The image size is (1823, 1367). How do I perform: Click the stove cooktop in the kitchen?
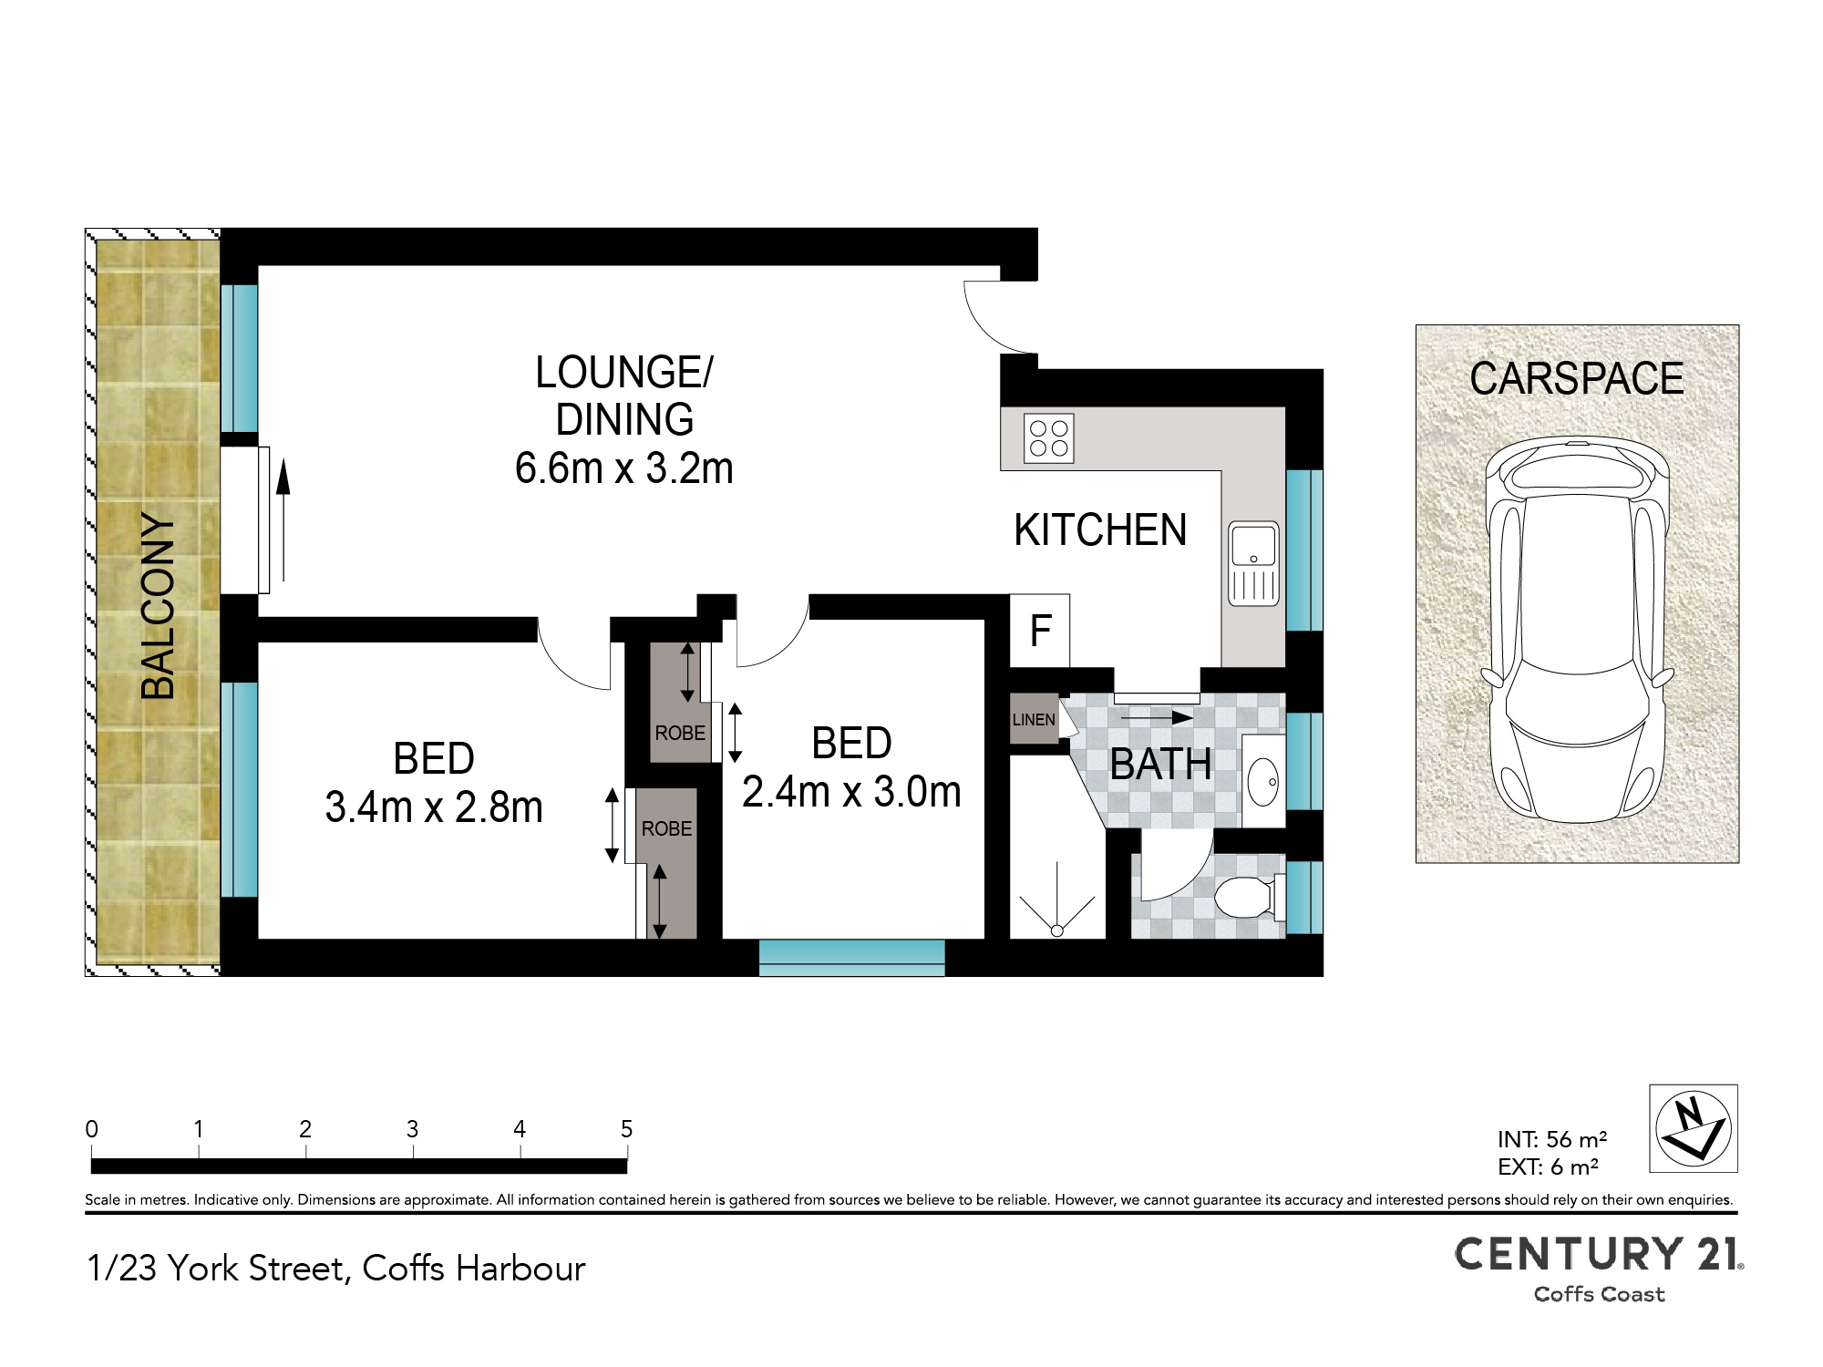click(1049, 438)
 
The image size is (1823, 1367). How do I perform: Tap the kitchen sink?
click(1254, 564)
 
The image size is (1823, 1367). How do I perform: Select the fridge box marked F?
click(1040, 631)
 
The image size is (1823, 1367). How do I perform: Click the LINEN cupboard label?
click(1034, 720)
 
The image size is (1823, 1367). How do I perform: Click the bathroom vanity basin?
click(1263, 781)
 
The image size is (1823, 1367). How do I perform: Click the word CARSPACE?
click(1577, 378)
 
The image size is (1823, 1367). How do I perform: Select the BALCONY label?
click(158, 606)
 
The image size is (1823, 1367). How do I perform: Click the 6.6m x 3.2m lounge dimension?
click(624, 468)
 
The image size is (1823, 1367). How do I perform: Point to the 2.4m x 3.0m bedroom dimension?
click(851, 792)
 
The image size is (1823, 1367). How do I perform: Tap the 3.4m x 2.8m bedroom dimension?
click(434, 807)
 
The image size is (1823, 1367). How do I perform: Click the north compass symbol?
click(1694, 1128)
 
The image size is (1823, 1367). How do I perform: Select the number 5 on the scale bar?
click(626, 1129)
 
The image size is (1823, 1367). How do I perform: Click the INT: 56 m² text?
click(1552, 1139)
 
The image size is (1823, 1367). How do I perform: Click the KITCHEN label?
click(1100, 530)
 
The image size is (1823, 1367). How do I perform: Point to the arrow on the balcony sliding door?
click(283, 519)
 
